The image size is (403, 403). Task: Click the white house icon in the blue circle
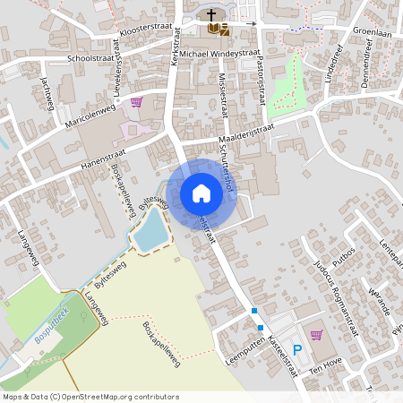click(x=201, y=193)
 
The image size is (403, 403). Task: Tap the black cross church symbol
click(x=212, y=15)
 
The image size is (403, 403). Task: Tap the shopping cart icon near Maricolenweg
click(x=136, y=102)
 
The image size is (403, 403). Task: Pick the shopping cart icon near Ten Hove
click(x=315, y=335)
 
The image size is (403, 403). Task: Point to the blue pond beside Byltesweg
click(x=150, y=231)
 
